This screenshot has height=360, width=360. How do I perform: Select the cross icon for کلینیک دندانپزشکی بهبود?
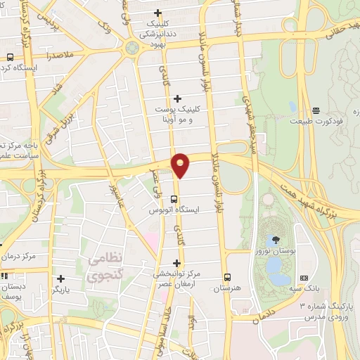158,13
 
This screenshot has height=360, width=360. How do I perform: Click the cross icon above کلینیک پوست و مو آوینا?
177,98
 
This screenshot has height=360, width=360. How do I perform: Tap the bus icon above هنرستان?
226,277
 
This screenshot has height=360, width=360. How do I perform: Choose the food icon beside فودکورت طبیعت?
316,110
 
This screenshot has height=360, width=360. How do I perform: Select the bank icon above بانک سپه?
304,278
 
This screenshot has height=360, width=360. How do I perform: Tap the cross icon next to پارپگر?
61,278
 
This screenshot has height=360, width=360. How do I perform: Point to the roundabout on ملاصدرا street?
131,48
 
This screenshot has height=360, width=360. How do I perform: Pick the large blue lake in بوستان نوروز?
276,266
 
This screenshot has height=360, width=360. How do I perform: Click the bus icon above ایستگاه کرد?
10,57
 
